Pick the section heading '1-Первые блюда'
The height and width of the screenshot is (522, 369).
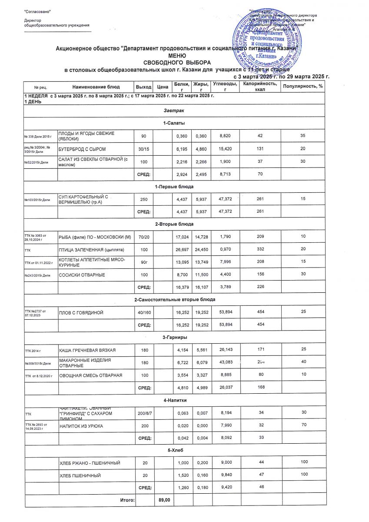174,186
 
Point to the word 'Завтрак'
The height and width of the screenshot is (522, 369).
174,112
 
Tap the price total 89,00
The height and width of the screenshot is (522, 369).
164,500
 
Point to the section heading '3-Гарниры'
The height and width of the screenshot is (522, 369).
174,337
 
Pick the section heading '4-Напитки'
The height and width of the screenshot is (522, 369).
174,400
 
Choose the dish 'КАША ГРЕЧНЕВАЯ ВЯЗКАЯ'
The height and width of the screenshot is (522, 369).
86,350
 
